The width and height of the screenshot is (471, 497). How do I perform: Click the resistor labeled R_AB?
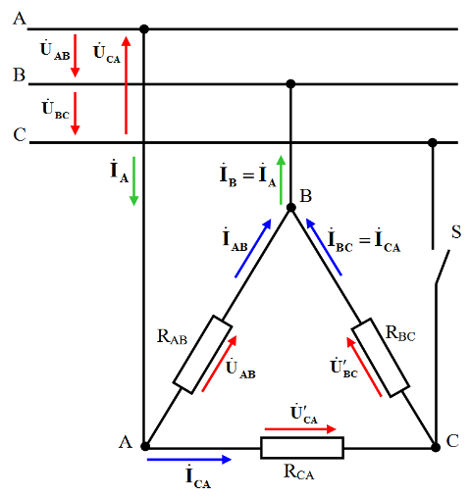pos(202,355)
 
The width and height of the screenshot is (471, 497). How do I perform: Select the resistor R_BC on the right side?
pos(381,358)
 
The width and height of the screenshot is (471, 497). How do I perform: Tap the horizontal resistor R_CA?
pos(302,448)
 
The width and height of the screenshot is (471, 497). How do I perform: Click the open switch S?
pos(443,267)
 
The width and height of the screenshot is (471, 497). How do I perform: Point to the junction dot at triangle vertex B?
pos(290,208)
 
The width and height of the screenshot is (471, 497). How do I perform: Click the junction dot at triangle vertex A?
pos(145,446)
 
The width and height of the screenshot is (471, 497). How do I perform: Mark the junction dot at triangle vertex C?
pos(436,447)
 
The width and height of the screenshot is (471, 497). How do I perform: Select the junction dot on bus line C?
pos(433,142)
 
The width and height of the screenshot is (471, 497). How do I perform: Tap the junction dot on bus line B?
pos(290,84)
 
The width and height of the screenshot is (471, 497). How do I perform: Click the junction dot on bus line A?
pos(144,29)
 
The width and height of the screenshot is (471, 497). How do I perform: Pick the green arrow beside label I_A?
pos(133,181)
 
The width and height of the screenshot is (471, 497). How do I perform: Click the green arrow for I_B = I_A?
pos(281,180)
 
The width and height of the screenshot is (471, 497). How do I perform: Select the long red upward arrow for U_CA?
pos(127,85)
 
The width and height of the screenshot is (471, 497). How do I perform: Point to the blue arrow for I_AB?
pos(253,248)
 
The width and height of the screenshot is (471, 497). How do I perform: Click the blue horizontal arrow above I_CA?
pos(189,460)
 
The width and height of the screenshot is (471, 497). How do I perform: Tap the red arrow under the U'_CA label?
pos(300,429)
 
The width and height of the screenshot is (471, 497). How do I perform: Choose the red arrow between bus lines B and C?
pos(76,114)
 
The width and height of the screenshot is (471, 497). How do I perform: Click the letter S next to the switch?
pos(456,232)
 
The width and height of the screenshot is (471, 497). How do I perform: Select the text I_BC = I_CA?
pos(364,241)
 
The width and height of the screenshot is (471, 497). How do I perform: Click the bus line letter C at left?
pos(20,134)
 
